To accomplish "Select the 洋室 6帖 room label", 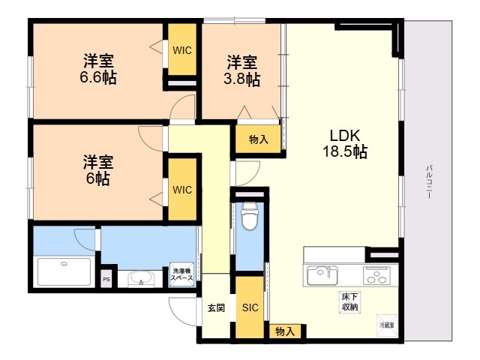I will [98, 170].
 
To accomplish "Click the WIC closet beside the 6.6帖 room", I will [182, 50].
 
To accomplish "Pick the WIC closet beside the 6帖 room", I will [182, 189].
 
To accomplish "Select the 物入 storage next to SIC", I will [284, 331].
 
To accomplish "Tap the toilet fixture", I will [249, 217].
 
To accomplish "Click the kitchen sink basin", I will [322, 275].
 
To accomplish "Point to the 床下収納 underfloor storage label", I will [349, 301].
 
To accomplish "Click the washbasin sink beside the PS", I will [139, 280].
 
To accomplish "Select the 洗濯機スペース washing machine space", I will [181, 275].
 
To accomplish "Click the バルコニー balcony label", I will [428, 181].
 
